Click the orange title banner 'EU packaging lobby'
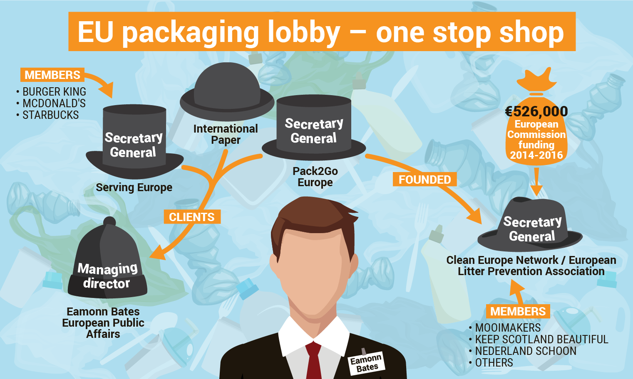[x=322, y=31]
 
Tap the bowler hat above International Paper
[x=227, y=91]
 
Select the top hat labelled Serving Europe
[x=134, y=142]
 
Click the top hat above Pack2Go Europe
[x=314, y=127]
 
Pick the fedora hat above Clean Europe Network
[x=530, y=224]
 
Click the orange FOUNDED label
[x=424, y=180]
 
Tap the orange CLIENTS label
[x=192, y=217]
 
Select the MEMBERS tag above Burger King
[x=52, y=75]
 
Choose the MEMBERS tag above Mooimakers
[x=518, y=311]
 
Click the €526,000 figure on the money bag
[x=536, y=111]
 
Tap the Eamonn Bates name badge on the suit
[x=367, y=364]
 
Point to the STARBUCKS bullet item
[x=47, y=115]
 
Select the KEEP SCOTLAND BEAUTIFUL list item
[x=539, y=339]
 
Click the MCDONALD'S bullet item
[x=51, y=103]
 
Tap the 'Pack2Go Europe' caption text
[x=315, y=177]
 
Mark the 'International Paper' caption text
[x=226, y=134]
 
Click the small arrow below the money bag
[x=536, y=182]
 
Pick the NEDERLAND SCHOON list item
[x=523, y=351]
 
